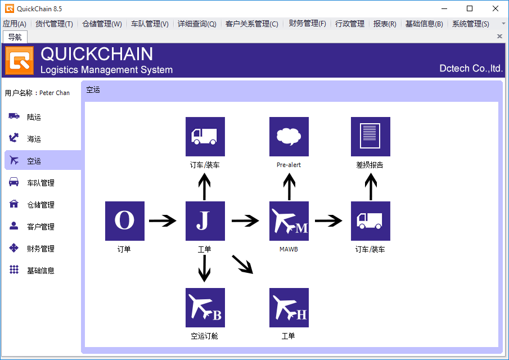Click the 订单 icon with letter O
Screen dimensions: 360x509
coord(125,220)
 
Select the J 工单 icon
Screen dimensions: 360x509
coord(205,220)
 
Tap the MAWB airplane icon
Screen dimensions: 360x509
coord(289,220)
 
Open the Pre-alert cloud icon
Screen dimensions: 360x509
coord(289,137)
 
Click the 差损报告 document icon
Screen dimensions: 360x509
coord(370,137)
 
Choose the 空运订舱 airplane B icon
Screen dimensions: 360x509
coord(205,308)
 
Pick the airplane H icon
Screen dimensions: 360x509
coord(289,308)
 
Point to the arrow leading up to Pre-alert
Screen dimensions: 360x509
coord(289,186)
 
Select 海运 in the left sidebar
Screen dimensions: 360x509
coord(34,139)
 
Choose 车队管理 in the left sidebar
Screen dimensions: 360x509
coord(40,183)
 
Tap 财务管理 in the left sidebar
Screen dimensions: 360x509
coord(40,249)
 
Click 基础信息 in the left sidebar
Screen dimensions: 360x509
coord(40,271)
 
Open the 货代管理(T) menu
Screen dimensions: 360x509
coord(54,24)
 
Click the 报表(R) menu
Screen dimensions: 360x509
coord(385,24)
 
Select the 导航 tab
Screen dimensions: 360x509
coord(15,37)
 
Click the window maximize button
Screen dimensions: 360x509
coord(470,8)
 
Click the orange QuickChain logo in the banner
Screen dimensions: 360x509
coord(20,60)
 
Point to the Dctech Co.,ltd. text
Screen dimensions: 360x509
coord(471,69)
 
